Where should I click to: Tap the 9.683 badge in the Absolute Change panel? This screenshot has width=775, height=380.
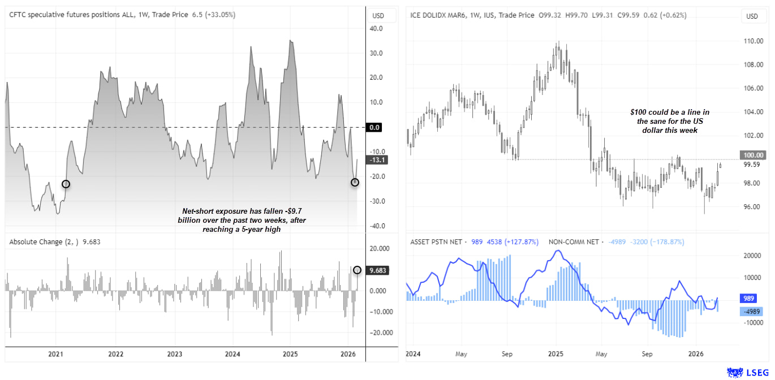coord(378,270)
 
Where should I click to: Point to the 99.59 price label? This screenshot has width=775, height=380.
coord(752,165)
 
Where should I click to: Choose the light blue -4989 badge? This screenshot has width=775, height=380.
coord(752,311)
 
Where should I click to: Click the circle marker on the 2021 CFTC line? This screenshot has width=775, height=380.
coord(66,184)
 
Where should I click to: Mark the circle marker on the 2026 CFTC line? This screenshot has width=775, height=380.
coord(355,182)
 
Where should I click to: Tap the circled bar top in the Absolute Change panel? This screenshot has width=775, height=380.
coord(357,270)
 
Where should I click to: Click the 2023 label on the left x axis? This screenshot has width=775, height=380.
coord(174,354)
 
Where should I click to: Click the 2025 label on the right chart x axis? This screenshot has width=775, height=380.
coord(555,354)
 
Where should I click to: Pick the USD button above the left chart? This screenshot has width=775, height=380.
coord(377,16)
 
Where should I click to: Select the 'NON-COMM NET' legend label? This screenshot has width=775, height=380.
coord(574,242)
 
